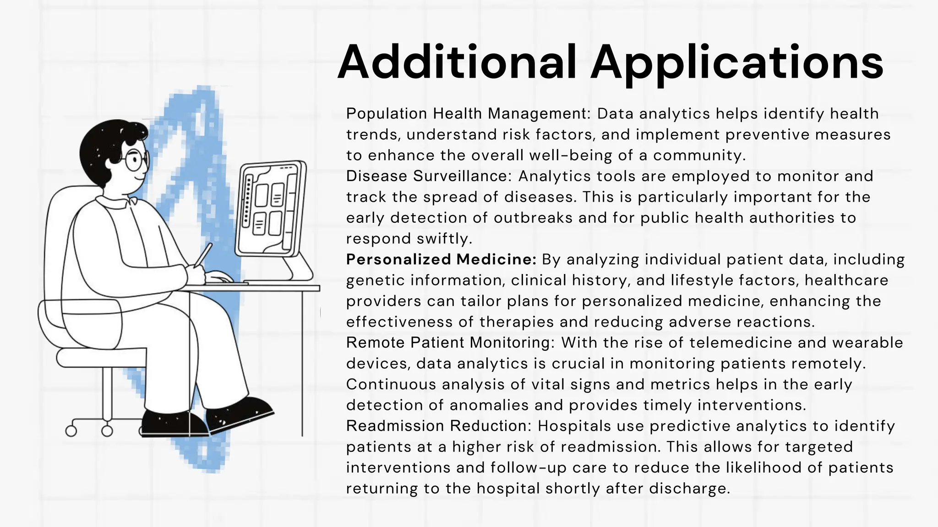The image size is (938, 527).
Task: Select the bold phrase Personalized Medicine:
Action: pyautogui.click(x=441, y=259)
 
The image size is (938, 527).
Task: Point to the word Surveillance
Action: pyautogui.click(x=462, y=176)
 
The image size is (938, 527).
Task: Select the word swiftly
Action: pyautogui.click(x=444, y=238)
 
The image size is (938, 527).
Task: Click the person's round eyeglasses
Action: pyautogui.click(x=136, y=161)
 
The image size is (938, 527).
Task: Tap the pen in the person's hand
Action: pyautogui.click(x=203, y=254)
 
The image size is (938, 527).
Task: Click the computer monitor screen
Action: pyautogui.click(x=270, y=208)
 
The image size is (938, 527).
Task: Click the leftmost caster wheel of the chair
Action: pyautogui.click(x=71, y=431)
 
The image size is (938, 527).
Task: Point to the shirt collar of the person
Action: pyautogui.click(x=115, y=202)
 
